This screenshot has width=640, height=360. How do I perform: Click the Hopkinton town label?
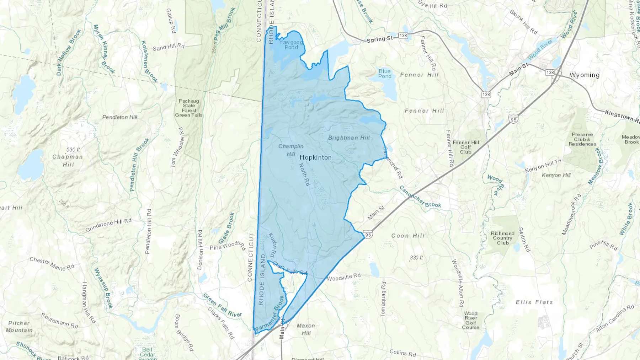(x=315, y=157)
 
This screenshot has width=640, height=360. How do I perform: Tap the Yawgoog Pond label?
(x=291, y=45)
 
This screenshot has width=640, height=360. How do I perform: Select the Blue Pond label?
(x=385, y=74)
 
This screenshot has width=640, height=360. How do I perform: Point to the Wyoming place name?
(x=584, y=75)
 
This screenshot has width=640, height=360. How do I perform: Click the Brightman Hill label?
(x=349, y=138)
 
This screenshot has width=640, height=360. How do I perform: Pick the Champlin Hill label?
(x=291, y=150)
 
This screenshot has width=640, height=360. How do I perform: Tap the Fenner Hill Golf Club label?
(x=466, y=147)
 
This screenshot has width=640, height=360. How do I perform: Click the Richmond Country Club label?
(x=502, y=238)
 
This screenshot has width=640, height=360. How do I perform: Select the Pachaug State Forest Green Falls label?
(x=188, y=108)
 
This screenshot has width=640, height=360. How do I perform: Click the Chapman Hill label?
(x=68, y=160)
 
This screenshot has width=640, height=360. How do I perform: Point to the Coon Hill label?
(x=408, y=236)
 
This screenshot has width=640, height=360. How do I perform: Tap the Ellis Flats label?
(x=534, y=302)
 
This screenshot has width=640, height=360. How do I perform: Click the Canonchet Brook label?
(x=420, y=197)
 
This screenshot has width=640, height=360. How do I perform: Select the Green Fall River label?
(x=222, y=305)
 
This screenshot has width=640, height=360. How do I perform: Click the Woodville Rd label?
(x=343, y=276)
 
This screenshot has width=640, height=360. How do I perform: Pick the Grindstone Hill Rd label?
(x=108, y=225)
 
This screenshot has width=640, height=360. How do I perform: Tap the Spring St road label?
(x=380, y=39)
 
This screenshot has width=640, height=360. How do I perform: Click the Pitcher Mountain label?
(x=19, y=327)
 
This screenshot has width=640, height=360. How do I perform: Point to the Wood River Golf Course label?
(x=470, y=320)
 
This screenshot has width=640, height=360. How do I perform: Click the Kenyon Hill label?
(x=556, y=175)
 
